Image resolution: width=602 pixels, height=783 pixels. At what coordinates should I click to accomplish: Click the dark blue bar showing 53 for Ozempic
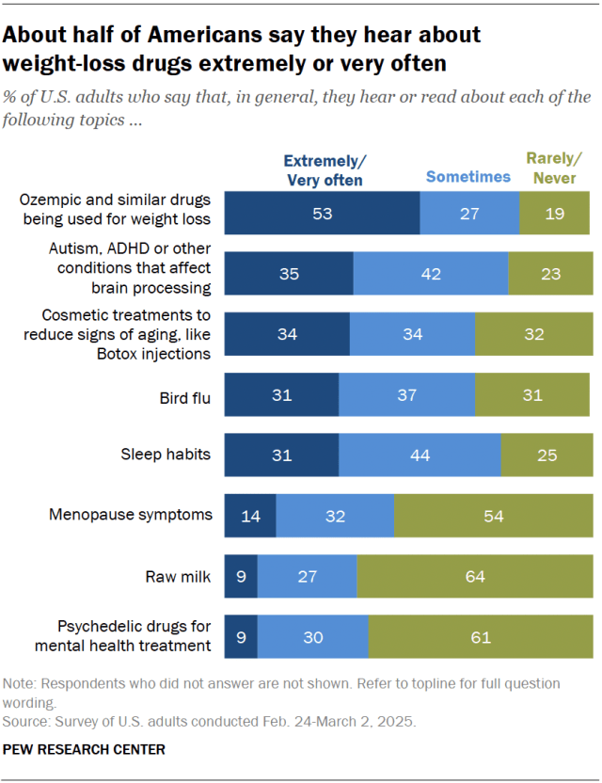(x=322, y=214)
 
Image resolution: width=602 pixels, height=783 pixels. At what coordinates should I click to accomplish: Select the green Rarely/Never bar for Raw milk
(x=475, y=576)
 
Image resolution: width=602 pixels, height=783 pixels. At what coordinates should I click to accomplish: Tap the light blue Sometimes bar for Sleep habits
(x=420, y=455)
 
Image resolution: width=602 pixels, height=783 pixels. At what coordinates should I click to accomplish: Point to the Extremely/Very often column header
(x=323, y=168)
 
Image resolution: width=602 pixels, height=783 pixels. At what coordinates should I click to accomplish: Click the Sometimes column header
(x=467, y=176)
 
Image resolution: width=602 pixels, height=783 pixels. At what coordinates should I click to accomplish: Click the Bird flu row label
(x=184, y=395)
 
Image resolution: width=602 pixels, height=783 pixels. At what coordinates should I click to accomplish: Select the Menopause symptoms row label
(x=131, y=515)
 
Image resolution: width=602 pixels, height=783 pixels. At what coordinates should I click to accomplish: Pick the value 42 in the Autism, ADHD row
(x=431, y=274)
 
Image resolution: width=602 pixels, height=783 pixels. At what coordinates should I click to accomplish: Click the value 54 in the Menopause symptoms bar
(x=494, y=516)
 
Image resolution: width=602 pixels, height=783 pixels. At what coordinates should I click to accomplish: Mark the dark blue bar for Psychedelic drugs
(x=241, y=637)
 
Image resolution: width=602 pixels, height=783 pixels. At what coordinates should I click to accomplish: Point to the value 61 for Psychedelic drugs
(x=481, y=637)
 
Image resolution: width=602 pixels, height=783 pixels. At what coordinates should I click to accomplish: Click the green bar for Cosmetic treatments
(x=532, y=334)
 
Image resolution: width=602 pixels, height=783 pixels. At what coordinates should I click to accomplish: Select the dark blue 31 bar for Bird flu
(x=281, y=394)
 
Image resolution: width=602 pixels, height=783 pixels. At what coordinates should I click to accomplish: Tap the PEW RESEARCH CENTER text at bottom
(x=85, y=749)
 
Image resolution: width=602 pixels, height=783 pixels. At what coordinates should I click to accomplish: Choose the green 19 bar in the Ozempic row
(x=554, y=214)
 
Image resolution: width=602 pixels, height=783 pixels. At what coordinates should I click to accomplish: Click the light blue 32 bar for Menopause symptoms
(x=335, y=516)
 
